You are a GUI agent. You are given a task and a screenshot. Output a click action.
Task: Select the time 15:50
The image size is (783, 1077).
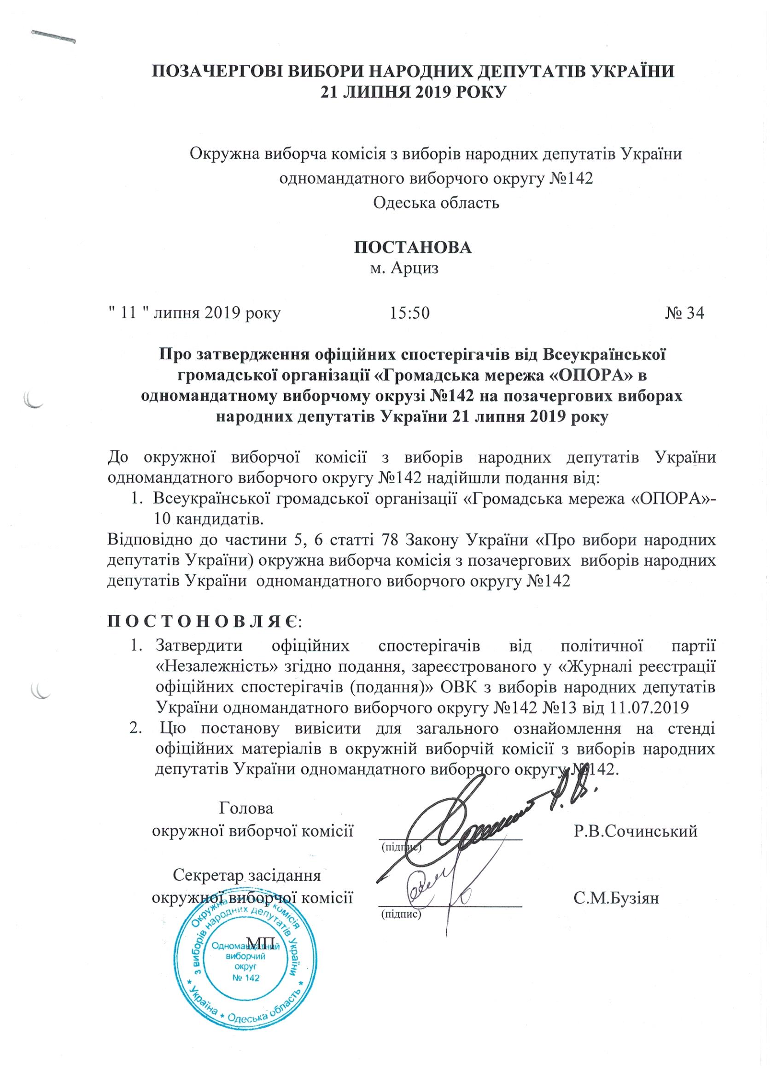click(x=410, y=313)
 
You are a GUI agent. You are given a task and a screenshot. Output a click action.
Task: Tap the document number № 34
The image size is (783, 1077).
click(x=684, y=313)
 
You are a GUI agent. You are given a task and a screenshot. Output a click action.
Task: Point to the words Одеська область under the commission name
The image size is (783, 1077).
click(x=436, y=203)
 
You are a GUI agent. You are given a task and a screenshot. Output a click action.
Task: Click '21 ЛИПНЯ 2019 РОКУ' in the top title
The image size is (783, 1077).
click(x=412, y=91)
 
